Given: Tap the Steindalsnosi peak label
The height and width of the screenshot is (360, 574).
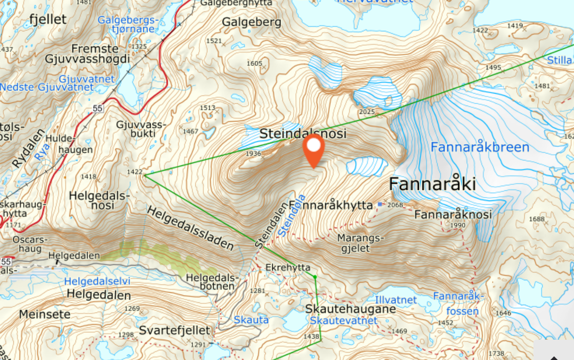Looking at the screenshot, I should (302, 134).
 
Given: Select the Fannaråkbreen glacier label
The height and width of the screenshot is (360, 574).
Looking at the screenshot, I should (480, 148).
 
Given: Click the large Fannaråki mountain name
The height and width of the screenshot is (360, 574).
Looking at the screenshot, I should (432, 184).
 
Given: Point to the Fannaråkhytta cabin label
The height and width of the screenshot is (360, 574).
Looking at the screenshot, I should (330, 205).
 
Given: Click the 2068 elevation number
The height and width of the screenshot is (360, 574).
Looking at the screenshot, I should (395, 205).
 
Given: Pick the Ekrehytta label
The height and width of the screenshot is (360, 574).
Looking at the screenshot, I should (288, 267).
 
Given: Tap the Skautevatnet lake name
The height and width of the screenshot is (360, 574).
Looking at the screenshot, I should (343, 320).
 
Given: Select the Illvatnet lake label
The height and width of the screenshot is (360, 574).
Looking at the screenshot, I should (396, 300).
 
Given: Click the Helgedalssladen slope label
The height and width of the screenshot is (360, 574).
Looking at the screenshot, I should (191, 228).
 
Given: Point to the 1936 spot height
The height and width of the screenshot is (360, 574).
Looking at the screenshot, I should (253, 153).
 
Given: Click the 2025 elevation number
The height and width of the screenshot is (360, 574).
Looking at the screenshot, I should (367, 112).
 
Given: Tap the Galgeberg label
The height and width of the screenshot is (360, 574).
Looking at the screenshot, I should (252, 22).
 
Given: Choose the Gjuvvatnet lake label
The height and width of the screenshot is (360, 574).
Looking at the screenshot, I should (87, 79).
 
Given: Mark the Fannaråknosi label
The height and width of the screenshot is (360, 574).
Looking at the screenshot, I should (453, 214).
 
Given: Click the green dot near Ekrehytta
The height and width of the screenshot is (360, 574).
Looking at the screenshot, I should (315, 277).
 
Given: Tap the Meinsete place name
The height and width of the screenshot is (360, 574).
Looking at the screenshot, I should (45, 314).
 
